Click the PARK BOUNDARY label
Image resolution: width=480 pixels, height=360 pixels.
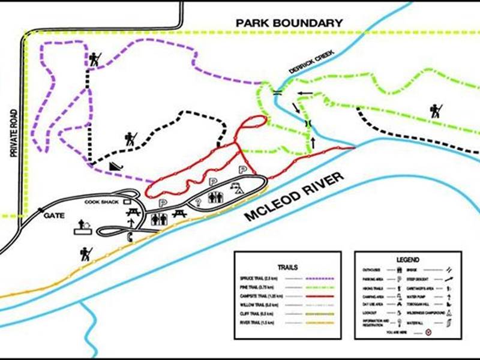point(289,23)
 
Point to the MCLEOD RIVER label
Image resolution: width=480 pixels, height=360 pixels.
point(295,197)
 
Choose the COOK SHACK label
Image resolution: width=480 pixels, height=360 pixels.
point(103,202)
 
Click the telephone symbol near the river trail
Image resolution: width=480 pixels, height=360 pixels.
point(130,237)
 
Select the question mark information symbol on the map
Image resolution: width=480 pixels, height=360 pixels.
point(197,202)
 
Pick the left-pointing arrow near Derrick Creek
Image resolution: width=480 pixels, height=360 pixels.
point(304,93)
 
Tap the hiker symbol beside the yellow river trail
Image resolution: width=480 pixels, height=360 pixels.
point(86,254)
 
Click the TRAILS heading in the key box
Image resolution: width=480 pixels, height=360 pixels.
point(288,267)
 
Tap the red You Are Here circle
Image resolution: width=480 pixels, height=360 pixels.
point(428,331)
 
